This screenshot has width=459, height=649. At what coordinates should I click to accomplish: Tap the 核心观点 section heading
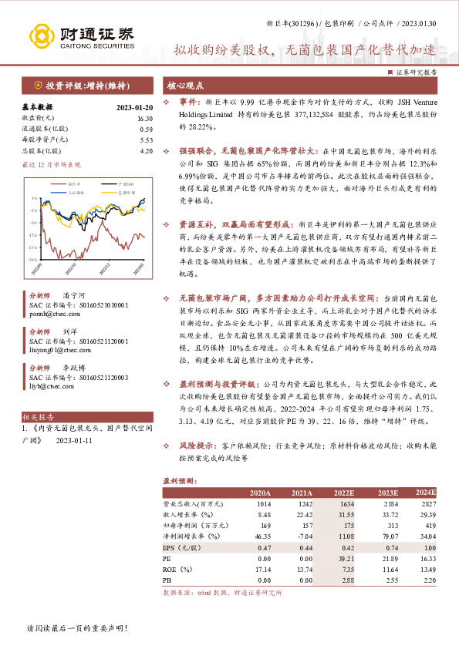click(x=187, y=86)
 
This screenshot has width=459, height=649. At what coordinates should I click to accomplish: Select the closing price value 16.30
click(x=144, y=118)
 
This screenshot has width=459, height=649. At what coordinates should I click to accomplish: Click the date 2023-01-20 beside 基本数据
click(x=135, y=107)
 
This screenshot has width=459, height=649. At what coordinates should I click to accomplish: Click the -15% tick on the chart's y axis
click(x=35, y=234)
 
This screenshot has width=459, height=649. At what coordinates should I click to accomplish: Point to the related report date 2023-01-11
click(x=74, y=441)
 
